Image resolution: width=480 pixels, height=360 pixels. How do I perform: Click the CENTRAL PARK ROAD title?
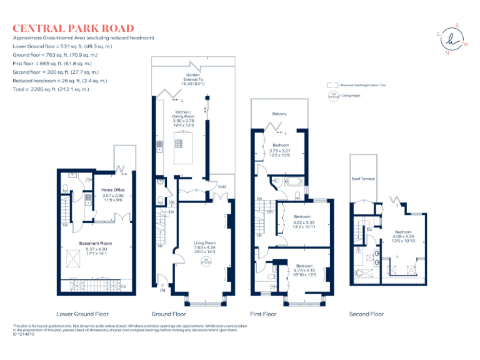[73, 28]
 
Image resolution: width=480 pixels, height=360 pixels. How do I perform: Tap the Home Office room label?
[113, 190]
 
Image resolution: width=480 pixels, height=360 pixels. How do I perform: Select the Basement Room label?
[95, 243]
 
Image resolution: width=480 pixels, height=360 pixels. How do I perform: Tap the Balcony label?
[279, 113]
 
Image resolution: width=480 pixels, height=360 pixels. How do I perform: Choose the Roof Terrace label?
[363, 179]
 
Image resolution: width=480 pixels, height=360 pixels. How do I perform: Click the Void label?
[222, 186]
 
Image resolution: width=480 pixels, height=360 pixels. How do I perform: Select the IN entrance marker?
[163, 291]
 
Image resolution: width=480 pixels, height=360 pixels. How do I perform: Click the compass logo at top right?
[451, 39]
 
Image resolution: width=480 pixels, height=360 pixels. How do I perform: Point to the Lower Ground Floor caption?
[82, 314]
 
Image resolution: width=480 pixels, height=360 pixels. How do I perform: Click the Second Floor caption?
[366, 314]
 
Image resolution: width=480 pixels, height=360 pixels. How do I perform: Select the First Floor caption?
[263, 314]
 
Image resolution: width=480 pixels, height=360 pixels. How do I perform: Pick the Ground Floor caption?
[169, 314]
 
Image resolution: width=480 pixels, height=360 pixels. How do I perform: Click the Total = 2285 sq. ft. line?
[51, 89]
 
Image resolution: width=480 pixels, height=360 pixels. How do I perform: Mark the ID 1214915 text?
[24, 334]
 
